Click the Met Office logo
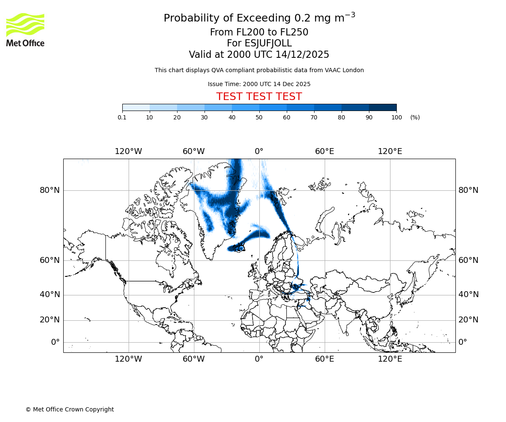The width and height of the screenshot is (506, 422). (25, 30)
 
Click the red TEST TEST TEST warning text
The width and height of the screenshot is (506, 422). (259, 97)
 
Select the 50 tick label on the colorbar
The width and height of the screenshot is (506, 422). (259, 117)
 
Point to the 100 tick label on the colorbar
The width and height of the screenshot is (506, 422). (396, 117)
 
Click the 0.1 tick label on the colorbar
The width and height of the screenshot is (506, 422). (122, 117)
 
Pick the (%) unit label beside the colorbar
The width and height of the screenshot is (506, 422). (415, 117)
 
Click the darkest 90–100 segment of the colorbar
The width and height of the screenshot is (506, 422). (382, 108)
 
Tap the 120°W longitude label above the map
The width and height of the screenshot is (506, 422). (128, 151)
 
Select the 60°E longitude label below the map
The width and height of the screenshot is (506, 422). (324, 359)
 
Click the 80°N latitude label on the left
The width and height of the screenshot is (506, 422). (50, 190)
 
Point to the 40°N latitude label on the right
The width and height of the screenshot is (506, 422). (468, 295)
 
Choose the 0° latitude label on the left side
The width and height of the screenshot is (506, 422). (55, 342)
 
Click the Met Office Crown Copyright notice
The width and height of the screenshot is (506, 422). (70, 409)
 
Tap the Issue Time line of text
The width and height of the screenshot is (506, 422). (259, 84)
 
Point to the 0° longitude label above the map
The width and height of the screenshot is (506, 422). (259, 151)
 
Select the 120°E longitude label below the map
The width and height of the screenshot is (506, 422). (390, 359)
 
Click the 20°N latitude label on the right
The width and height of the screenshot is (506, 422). (468, 320)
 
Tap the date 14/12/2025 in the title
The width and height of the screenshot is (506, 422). (302, 55)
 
